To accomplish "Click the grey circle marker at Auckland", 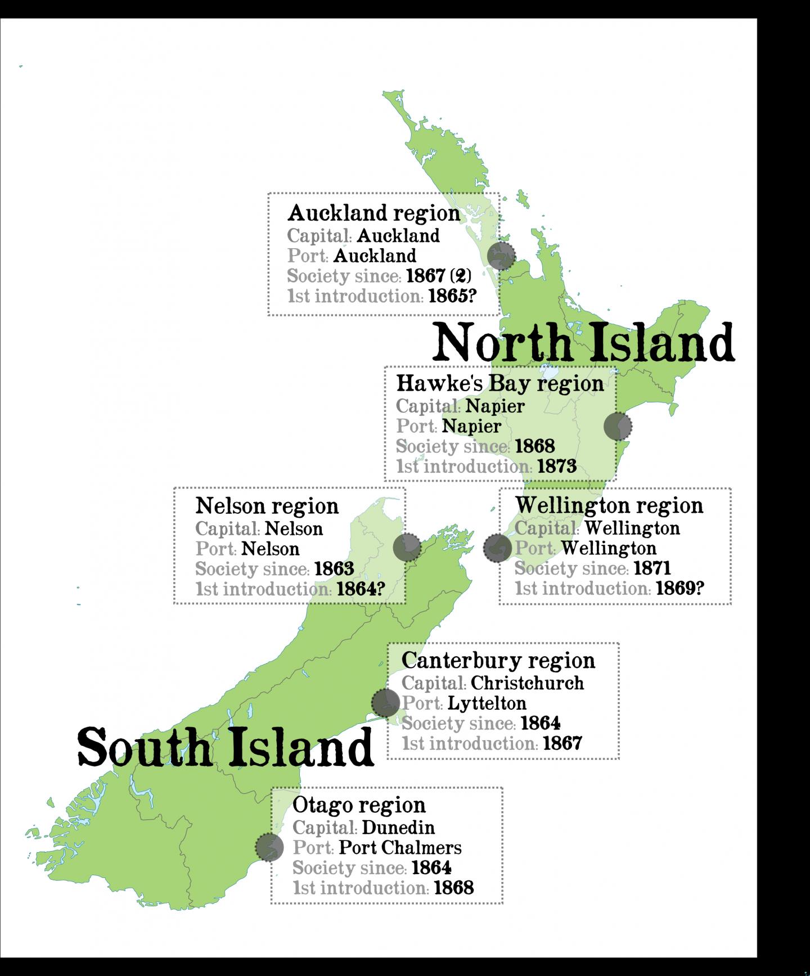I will click(501, 256).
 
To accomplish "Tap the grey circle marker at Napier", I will click(618, 426).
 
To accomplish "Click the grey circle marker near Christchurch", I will click(386, 702).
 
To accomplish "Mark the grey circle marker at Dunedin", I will click(269, 847).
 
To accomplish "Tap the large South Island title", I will click(225, 747).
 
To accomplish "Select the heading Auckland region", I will click(373, 213).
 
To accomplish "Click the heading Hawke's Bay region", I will click(499, 383).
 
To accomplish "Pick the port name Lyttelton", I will click(487, 703).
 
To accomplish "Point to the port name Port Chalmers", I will click(400, 848).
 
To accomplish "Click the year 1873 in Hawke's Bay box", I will click(557, 466).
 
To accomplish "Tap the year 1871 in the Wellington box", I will click(652, 568).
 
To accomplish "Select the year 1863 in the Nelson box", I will click(334, 569).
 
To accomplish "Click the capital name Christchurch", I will click(527, 683).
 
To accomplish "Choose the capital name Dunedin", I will click(398, 827).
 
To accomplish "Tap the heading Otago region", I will click(359, 805).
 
